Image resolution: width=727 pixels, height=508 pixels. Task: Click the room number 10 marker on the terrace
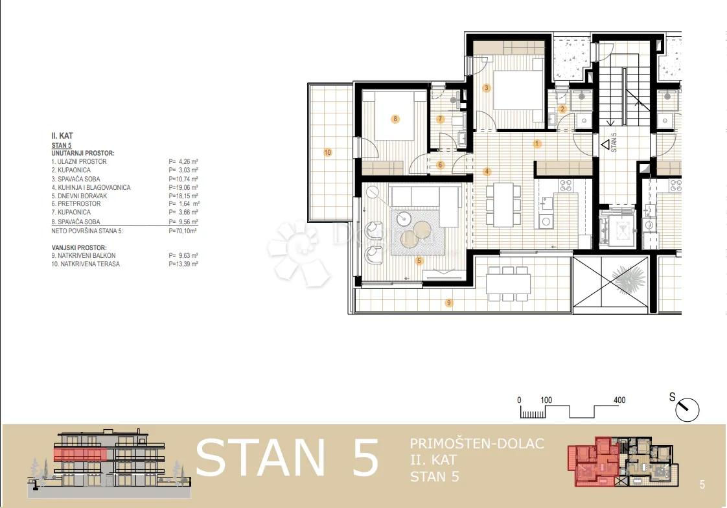click(328, 152)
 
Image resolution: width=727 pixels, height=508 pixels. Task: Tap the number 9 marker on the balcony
click(448, 303)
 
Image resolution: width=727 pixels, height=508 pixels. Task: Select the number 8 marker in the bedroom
click(395, 119)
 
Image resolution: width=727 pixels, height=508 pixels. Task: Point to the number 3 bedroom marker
click(487, 87)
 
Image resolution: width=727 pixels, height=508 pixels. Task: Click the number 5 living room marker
click(419, 261)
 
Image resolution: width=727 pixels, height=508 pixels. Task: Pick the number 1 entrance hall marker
click(537, 144)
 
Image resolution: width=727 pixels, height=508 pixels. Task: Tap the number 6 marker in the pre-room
click(441, 165)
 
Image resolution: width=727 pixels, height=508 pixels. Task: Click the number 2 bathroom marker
click(562, 110)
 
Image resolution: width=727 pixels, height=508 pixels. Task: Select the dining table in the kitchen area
click(503, 205)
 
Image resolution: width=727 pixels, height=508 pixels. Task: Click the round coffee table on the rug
click(405, 217)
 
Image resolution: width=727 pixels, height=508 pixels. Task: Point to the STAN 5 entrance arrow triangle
click(605, 145)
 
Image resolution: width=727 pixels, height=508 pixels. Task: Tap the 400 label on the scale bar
click(619, 400)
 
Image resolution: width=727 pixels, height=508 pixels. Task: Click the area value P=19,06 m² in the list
click(183, 188)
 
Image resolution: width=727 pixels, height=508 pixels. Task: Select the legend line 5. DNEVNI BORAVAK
click(79, 196)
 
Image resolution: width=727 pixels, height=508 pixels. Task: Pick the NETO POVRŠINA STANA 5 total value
click(183, 231)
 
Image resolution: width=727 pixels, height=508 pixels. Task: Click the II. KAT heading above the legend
click(62, 136)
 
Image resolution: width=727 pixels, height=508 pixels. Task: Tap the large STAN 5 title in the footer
click(288, 458)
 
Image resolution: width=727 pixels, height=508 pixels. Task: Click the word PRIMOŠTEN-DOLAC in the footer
click(477, 444)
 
